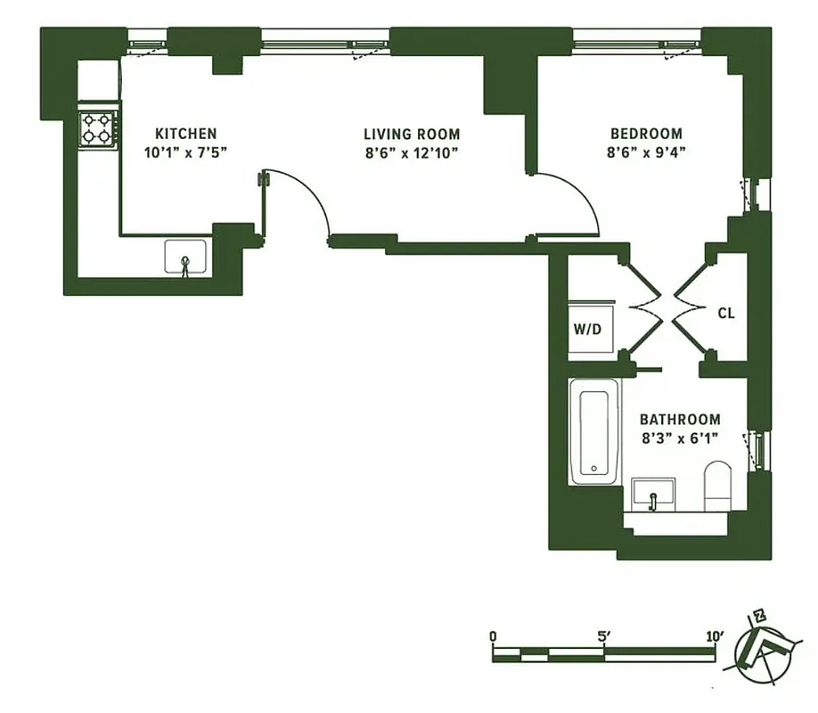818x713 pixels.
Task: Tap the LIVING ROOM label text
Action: pyautogui.click(x=412, y=134)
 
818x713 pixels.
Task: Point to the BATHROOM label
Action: pyautogui.click(x=680, y=419)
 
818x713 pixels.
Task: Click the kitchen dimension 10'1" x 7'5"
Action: pyautogui.click(x=186, y=152)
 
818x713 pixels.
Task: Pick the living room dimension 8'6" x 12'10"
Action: pyautogui.click(x=412, y=152)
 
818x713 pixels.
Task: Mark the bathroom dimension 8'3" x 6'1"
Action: pyautogui.click(x=680, y=437)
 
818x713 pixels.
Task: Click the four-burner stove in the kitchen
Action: pyautogui.click(x=99, y=128)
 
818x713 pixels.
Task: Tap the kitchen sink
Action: pyautogui.click(x=186, y=258)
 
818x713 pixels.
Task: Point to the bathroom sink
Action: pyautogui.click(x=653, y=494)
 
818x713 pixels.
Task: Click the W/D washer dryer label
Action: pyautogui.click(x=587, y=329)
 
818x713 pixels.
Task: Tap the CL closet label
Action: pyautogui.click(x=726, y=313)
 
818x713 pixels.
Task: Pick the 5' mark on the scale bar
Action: pyautogui.click(x=604, y=636)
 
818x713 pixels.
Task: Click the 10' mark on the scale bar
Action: pyautogui.click(x=715, y=636)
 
